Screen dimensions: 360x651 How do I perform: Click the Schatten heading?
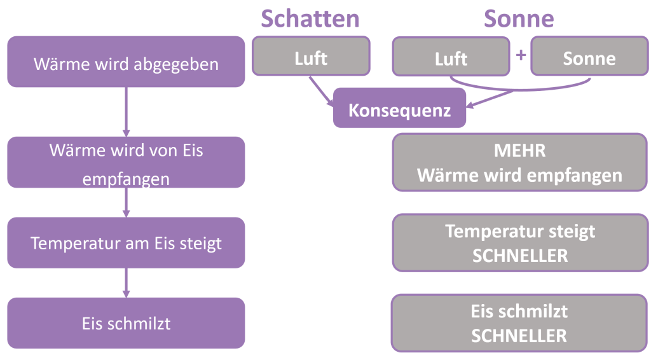click(x=310, y=18)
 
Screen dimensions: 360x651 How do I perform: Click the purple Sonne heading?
click(x=519, y=18)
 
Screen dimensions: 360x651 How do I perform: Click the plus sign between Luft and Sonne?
click(x=521, y=55)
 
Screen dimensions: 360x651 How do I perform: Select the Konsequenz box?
click(x=399, y=109)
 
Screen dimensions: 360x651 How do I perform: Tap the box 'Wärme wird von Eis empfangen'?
click(x=126, y=162)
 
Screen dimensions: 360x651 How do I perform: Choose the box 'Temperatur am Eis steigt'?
click(x=126, y=242)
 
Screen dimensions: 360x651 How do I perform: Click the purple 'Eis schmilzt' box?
click(x=126, y=323)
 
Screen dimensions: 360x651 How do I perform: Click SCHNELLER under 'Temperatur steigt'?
click(x=519, y=255)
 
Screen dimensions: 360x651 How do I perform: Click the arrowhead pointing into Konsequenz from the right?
click(x=471, y=106)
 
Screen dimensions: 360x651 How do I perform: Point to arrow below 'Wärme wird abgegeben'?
click(x=126, y=111)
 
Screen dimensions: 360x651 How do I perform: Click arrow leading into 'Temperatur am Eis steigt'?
click(x=126, y=204)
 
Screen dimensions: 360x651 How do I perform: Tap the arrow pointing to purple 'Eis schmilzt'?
click(x=126, y=283)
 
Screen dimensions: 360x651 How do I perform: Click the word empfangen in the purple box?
click(x=126, y=179)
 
